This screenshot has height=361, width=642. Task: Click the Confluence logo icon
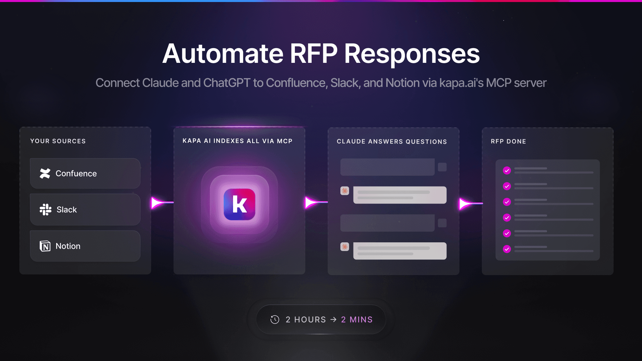pos(45,173)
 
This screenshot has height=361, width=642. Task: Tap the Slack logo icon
pos(45,210)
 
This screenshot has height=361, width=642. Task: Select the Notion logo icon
pos(45,246)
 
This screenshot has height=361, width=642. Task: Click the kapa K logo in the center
pos(239,204)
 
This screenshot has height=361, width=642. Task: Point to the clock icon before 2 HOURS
pos(275,320)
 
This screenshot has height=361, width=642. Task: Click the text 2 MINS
pos(357,320)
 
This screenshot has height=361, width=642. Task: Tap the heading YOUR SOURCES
pos(58,141)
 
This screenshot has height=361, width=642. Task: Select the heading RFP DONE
pos(508,141)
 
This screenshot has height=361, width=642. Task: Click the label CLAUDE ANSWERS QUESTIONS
pos(392,141)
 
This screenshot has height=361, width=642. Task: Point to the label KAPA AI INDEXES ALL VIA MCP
pos(237,141)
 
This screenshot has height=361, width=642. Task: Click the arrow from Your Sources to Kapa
pos(162,203)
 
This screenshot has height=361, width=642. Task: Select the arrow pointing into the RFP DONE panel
pos(470,203)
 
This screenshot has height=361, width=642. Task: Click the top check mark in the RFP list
pos(507,170)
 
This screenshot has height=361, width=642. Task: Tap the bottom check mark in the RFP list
pos(507,249)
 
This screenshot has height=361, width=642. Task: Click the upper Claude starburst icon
pos(345,191)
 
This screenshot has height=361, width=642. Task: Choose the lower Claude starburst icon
pos(345,247)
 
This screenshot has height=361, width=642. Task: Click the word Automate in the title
pos(223,54)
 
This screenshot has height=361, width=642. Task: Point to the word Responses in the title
pos(412,54)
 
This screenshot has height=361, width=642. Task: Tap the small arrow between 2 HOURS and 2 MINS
pos(333,320)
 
